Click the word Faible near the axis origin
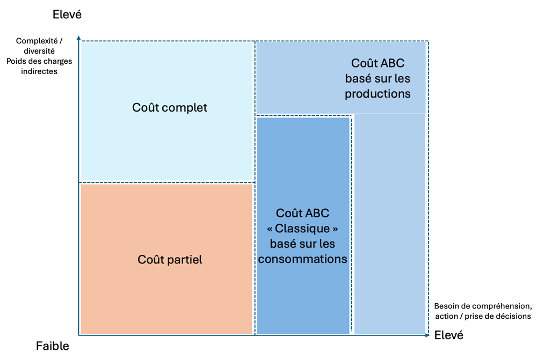[x=53, y=346]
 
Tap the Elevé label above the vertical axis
[x=67, y=14]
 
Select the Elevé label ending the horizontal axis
[x=449, y=335]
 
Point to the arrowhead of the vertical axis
[x=79, y=38]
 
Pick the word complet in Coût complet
[x=184, y=108]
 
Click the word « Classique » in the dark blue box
[x=302, y=229]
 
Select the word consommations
[x=302, y=259]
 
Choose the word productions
[x=378, y=94]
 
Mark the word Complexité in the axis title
[x=35, y=41]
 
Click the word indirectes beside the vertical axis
[x=39, y=71]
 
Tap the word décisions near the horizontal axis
[x=514, y=317]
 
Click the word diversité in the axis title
[x=39, y=51]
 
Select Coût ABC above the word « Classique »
[x=302, y=214]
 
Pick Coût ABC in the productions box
[x=378, y=64]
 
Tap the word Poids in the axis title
[x=16, y=61]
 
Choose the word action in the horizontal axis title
[x=447, y=317]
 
